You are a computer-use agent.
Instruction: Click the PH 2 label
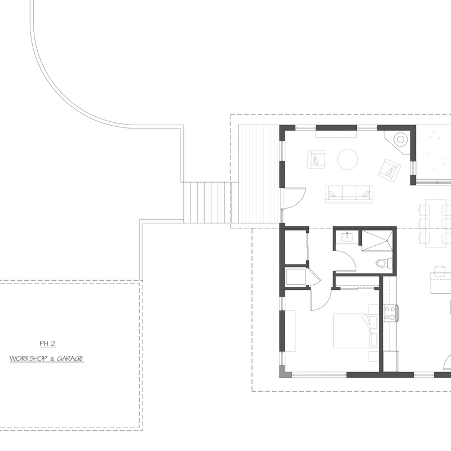[x=47, y=343]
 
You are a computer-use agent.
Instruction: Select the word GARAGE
[x=70, y=359]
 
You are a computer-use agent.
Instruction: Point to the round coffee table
[x=347, y=159]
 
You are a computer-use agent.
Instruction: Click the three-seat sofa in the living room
[x=349, y=194]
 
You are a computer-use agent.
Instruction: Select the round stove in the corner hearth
[x=400, y=139]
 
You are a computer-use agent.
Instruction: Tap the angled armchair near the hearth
[x=390, y=170]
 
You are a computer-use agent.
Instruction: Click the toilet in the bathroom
[x=384, y=263]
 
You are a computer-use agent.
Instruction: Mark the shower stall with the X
[x=377, y=241]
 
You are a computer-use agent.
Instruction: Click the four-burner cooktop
[x=390, y=313]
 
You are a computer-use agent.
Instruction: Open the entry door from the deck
[x=294, y=198]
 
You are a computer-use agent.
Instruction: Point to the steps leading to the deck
[x=207, y=202]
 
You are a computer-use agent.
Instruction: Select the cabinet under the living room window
[x=336, y=134]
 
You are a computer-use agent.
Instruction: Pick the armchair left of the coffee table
[x=316, y=160]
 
